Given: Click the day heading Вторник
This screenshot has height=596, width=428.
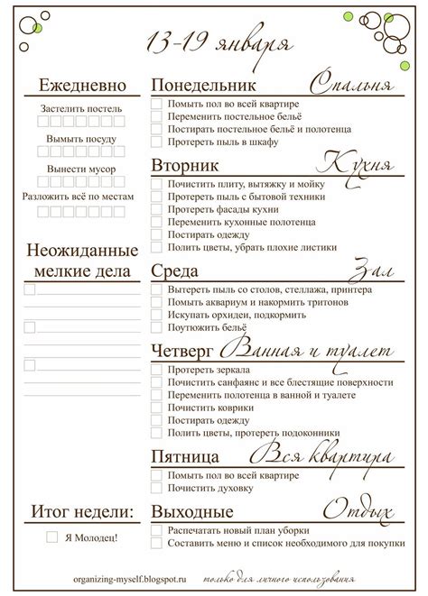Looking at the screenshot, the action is tap(185, 166).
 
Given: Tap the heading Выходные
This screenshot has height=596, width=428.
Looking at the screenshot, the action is tap(190, 512).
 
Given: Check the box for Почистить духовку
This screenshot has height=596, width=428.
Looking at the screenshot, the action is tap(156, 488).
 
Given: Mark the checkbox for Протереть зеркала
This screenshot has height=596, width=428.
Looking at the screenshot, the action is tap(156, 371).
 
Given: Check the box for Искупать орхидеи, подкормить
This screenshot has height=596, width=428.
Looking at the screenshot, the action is tap(156, 316).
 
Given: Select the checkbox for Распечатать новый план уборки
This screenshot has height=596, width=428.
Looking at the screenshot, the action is tap(156, 530).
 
